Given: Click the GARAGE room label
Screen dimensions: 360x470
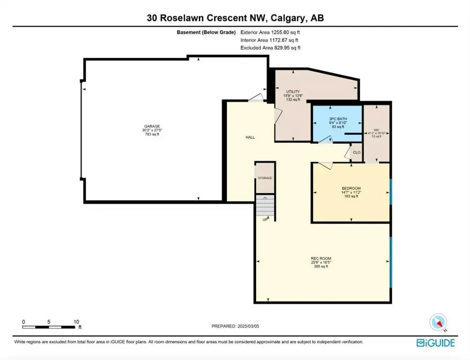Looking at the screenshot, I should (152, 126).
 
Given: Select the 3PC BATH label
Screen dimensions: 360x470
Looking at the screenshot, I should (336, 119).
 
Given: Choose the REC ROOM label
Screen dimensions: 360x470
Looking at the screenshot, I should (321, 258).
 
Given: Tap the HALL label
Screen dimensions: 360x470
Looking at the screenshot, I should (250, 137).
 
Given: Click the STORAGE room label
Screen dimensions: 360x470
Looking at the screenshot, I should (265, 178).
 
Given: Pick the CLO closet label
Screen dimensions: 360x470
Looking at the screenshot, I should (356, 152).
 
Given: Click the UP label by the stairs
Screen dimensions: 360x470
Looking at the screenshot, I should (265, 219).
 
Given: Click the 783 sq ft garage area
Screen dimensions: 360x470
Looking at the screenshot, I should (152, 134).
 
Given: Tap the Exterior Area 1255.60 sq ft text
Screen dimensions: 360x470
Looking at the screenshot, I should (270, 33).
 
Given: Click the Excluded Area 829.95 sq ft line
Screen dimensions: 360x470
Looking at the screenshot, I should (270, 48).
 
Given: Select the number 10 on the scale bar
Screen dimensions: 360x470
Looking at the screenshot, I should (76, 322).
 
